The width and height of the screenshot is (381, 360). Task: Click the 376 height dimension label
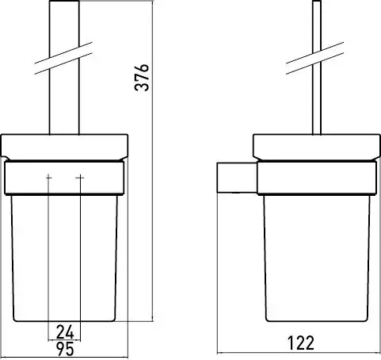point(142,77)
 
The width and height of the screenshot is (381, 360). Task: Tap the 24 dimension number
point(65,332)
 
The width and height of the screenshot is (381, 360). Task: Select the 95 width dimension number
point(65,349)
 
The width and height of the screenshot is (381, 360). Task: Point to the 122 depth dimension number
point(301,343)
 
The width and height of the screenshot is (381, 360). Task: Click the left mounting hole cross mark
point(48,178)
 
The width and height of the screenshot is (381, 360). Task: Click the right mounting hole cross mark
point(80,178)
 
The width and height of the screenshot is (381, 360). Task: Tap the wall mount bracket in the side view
point(237,178)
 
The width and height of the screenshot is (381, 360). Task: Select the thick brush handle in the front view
point(64,67)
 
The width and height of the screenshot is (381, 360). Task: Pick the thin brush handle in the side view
point(317,67)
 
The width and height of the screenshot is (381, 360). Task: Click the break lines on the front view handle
point(63,58)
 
